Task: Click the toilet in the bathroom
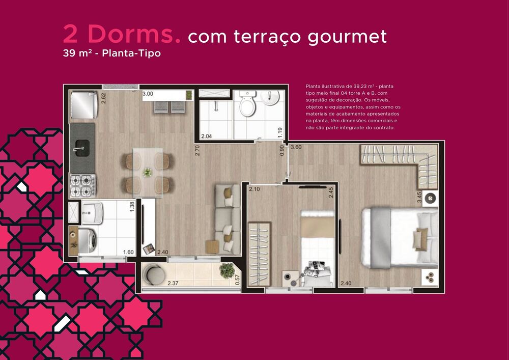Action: [x=247, y=105]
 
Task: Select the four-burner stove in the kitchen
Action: [x=81, y=185]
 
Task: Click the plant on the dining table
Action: [x=148, y=172]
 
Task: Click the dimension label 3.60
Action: [x=297, y=148]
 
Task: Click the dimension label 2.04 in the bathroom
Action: [x=207, y=136]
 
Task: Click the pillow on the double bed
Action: [x=421, y=237]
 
